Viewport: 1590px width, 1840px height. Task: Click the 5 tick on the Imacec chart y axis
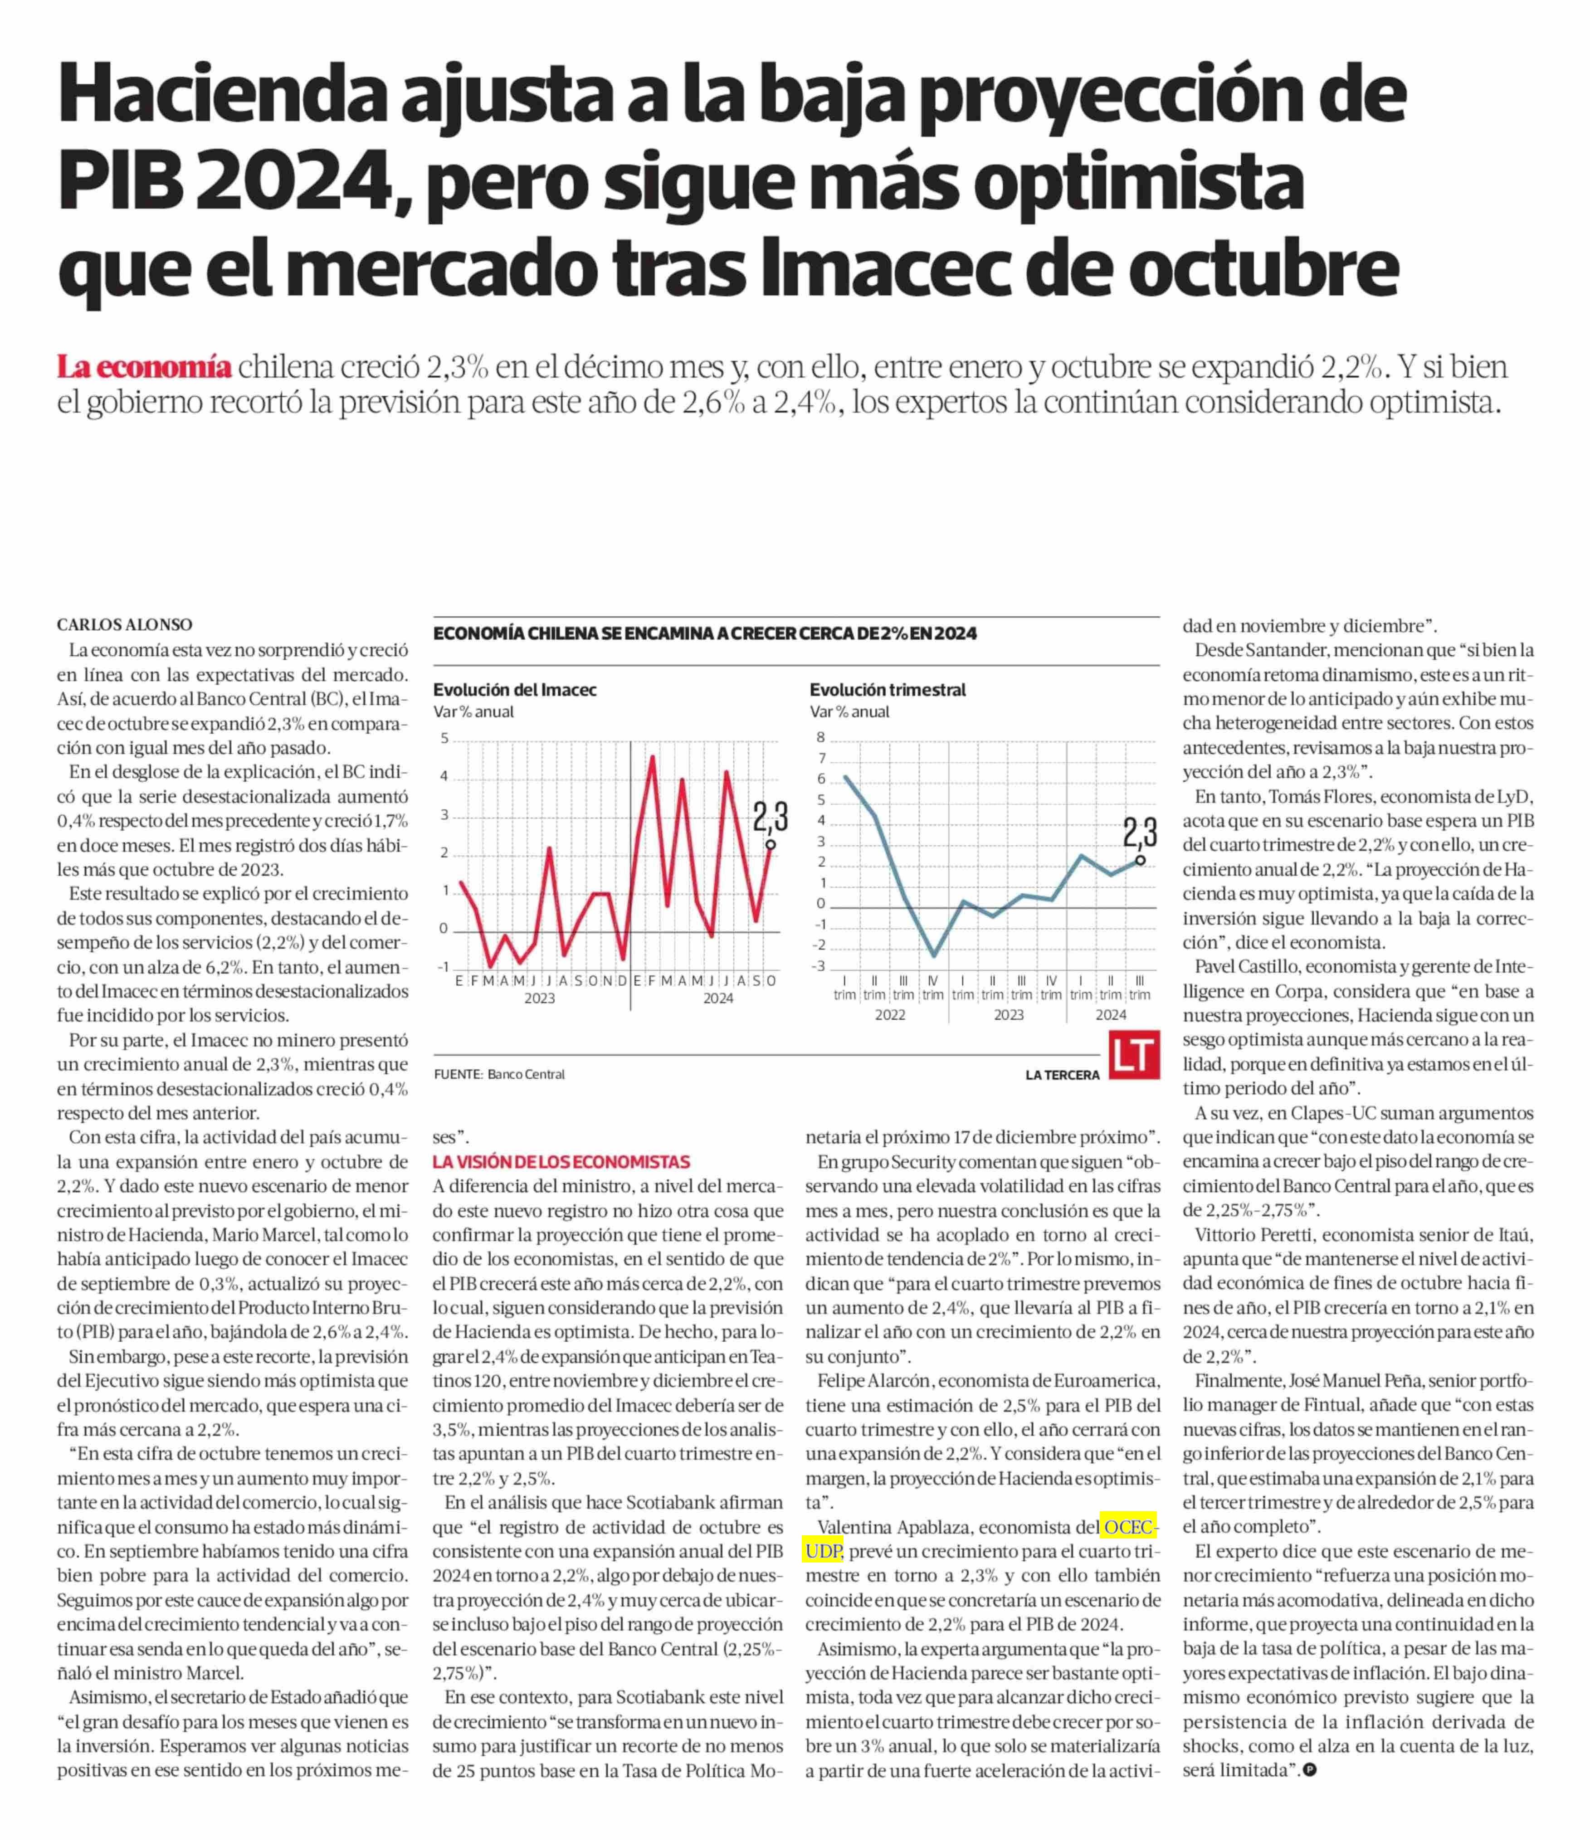(444, 739)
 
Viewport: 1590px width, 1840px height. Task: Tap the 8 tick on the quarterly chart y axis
(821, 737)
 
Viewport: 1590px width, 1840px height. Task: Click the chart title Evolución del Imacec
(514, 690)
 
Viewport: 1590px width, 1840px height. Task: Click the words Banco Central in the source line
(526, 1075)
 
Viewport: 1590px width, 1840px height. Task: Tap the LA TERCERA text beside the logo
(1062, 1076)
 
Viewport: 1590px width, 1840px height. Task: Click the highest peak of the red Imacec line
(653, 757)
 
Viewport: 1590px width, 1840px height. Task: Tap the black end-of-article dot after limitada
(1309, 1770)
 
